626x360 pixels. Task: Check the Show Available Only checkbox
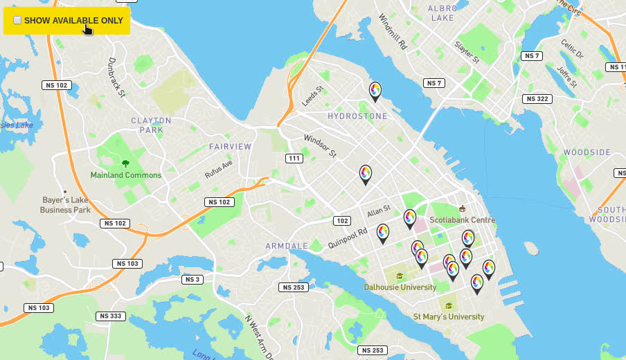pos(17,21)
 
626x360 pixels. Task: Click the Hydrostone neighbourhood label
pos(357,116)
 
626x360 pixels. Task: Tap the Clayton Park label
pos(151,125)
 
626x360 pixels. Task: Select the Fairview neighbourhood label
pos(231,147)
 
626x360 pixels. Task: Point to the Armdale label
pos(286,246)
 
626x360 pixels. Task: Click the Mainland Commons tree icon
pos(125,163)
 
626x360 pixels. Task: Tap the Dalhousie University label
pos(400,287)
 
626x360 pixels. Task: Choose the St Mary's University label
pos(449,316)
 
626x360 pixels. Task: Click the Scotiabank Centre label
pos(462,220)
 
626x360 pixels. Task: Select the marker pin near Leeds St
pos(375,90)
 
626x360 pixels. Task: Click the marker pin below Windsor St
pos(366,173)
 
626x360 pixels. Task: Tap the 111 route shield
pos(294,159)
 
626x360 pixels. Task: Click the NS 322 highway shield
pos(537,99)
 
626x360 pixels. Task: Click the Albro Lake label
pos(442,12)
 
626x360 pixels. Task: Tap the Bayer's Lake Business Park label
pos(65,205)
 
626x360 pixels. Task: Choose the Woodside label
pos(587,152)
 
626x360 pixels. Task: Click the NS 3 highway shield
pos(193,280)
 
